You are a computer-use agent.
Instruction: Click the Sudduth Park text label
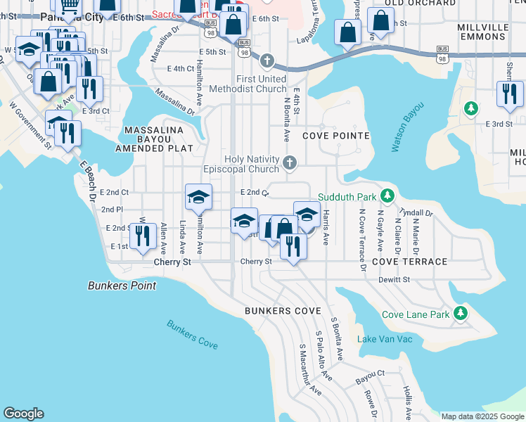[x=347, y=196]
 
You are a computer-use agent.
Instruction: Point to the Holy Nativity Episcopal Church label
[x=251, y=165]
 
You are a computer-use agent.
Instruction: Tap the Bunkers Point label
[x=122, y=286]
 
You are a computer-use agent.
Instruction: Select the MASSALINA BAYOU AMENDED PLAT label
[x=153, y=139]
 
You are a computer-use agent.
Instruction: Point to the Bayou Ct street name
[x=370, y=373]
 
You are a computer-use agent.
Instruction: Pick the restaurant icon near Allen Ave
[x=143, y=238]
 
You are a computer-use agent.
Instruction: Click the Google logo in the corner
[x=23, y=414]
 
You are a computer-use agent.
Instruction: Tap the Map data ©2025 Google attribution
[x=482, y=416]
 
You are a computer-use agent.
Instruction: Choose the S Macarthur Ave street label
[x=310, y=369]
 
